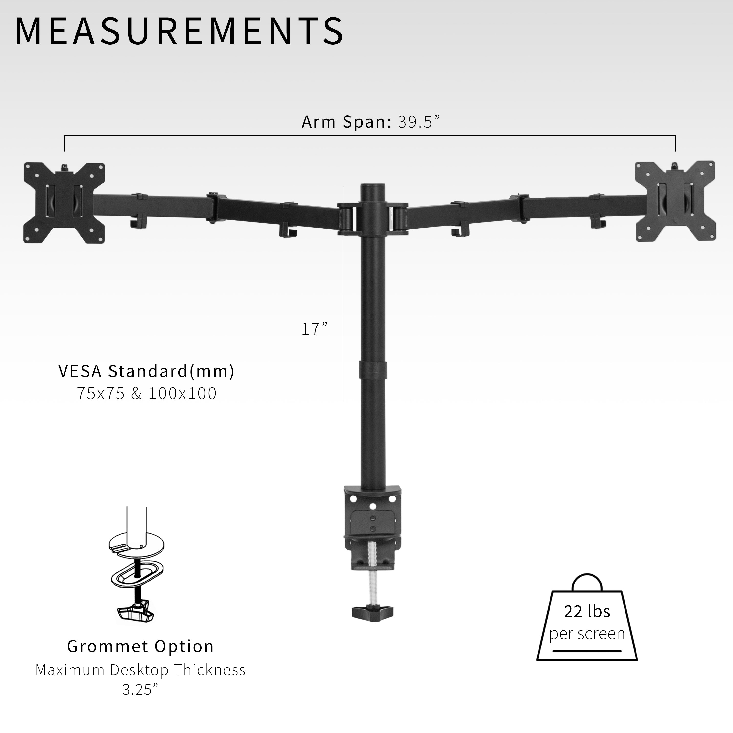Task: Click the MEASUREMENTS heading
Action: click(x=179, y=31)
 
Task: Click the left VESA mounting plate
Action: click(x=64, y=203)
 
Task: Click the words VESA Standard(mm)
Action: click(x=146, y=371)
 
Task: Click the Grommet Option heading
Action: click(x=140, y=646)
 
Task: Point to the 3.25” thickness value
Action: click(x=140, y=690)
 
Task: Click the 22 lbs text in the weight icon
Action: click(x=587, y=611)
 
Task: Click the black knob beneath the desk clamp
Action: click(x=372, y=612)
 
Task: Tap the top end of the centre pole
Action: click(x=373, y=188)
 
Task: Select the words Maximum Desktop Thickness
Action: click(x=140, y=670)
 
